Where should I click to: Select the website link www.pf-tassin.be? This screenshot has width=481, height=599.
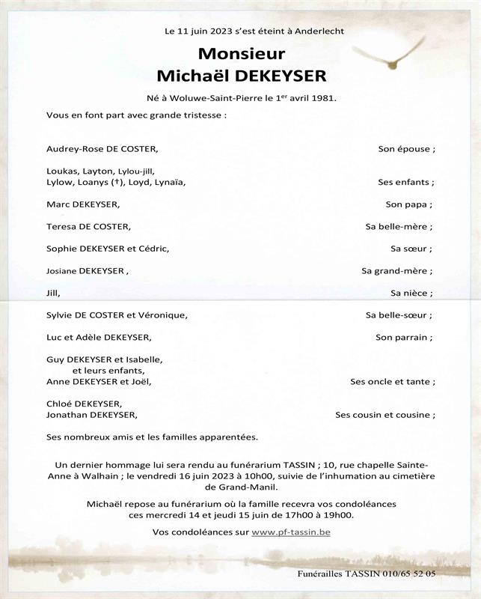pyautogui.click(x=291, y=532)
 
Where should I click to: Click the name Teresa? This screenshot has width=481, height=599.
pyautogui.click(x=61, y=226)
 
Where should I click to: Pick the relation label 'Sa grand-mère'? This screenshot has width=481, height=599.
pyautogui.click(x=396, y=270)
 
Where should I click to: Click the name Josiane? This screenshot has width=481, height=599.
pyautogui.click(x=63, y=270)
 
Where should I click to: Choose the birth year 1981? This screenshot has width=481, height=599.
pyautogui.click(x=324, y=98)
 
